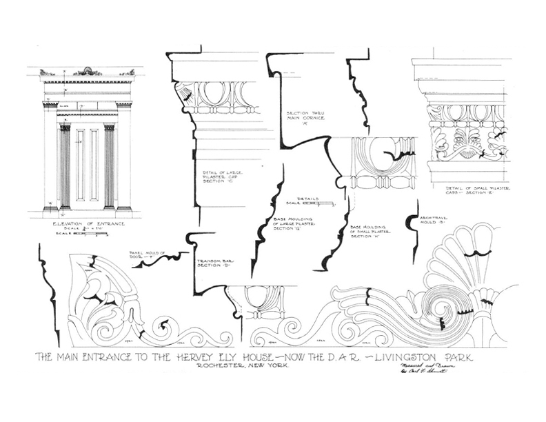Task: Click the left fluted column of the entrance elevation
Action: (x=65, y=166)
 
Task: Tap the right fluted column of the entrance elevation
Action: (x=109, y=166)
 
